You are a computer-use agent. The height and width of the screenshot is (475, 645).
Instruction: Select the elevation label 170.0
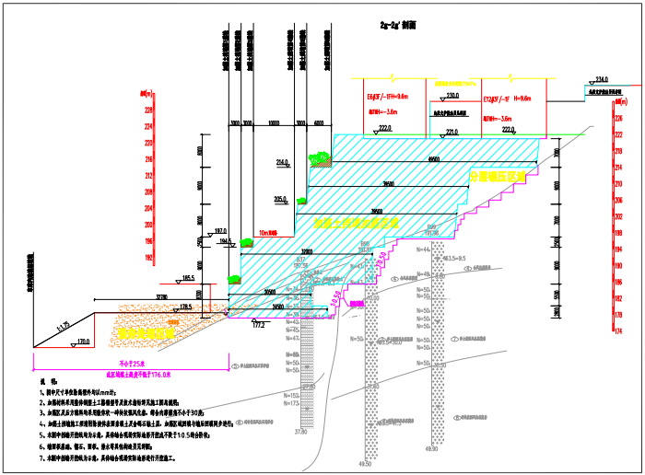click(83, 342)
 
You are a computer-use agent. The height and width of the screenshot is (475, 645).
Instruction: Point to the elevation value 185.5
click(188, 277)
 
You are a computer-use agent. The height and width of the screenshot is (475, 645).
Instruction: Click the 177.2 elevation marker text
click(257, 325)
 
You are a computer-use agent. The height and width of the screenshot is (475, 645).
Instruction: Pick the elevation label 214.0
click(282, 163)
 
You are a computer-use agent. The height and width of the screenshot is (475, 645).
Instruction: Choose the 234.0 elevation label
click(603, 79)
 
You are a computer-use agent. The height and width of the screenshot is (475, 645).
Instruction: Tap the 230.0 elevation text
click(451, 97)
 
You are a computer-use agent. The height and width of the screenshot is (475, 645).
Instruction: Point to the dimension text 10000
click(274, 122)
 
